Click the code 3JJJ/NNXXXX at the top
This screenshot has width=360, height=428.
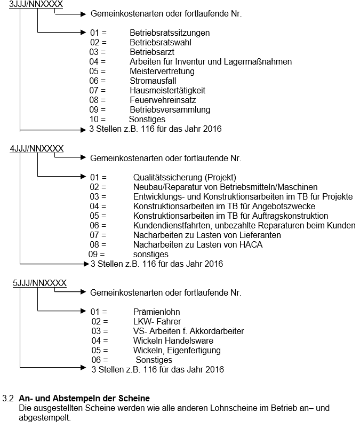(36, 4)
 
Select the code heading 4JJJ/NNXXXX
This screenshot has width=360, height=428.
(37, 148)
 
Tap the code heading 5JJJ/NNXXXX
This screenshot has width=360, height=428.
(40, 283)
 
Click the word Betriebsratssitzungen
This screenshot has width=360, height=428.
(170, 33)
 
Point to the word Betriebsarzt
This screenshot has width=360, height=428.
(152, 52)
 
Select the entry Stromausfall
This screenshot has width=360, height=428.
(153, 81)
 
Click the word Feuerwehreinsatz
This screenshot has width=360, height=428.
(163, 100)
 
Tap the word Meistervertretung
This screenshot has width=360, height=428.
(162, 72)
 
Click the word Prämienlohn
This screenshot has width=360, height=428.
(157, 312)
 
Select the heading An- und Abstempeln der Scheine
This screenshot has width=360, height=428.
(84, 399)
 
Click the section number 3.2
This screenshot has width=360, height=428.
(8, 399)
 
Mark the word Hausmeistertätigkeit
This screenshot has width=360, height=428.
(167, 91)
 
